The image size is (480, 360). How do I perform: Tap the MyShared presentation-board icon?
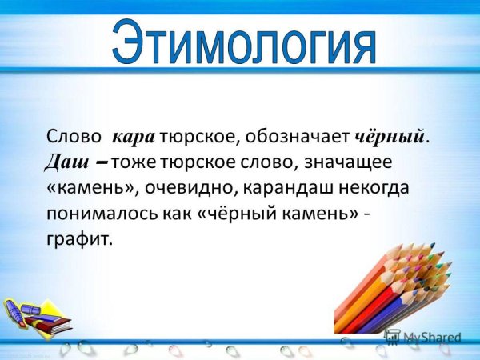pos(391,336)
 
